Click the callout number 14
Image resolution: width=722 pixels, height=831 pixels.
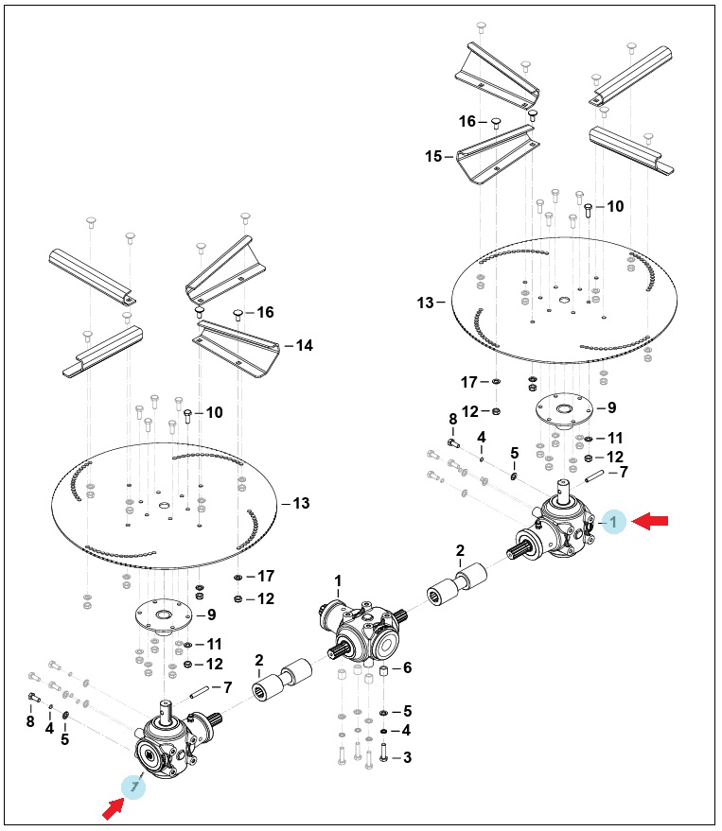pyautogui.click(x=304, y=346)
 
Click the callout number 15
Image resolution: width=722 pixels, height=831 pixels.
pyautogui.click(x=433, y=156)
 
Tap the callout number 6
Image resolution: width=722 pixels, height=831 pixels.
pyautogui.click(x=408, y=667)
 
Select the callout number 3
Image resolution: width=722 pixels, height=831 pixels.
pyautogui.click(x=407, y=758)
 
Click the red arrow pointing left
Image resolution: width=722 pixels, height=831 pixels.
pyautogui.click(x=650, y=522)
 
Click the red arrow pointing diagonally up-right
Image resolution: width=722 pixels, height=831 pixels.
pyautogui.click(x=113, y=808)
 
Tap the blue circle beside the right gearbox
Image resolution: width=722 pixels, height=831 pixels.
pyautogui.click(x=614, y=522)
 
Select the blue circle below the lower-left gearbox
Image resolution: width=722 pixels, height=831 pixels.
pyautogui.click(x=133, y=787)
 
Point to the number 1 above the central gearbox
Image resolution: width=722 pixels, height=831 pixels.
pyautogui.click(x=338, y=581)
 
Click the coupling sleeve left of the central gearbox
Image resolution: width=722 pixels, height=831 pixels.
pyautogui.click(x=282, y=680)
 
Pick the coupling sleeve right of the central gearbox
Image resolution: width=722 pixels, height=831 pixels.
pyautogui.click(x=457, y=584)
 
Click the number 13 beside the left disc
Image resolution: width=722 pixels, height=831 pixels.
pyautogui.click(x=301, y=504)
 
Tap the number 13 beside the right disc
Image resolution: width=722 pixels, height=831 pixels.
pyautogui.click(x=426, y=303)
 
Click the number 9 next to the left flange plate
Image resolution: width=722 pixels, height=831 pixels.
pyautogui.click(x=212, y=615)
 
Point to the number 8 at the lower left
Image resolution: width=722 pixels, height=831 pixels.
pyautogui.click(x=30, y=721)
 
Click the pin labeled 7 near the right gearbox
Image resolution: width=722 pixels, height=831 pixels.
pyautogui.click(x=594, y=476)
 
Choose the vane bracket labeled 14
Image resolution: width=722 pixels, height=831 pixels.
pyautogui.click(x=236, y=347)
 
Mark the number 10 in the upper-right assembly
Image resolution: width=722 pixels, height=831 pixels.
pyautogui.click(x=615, y=206)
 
